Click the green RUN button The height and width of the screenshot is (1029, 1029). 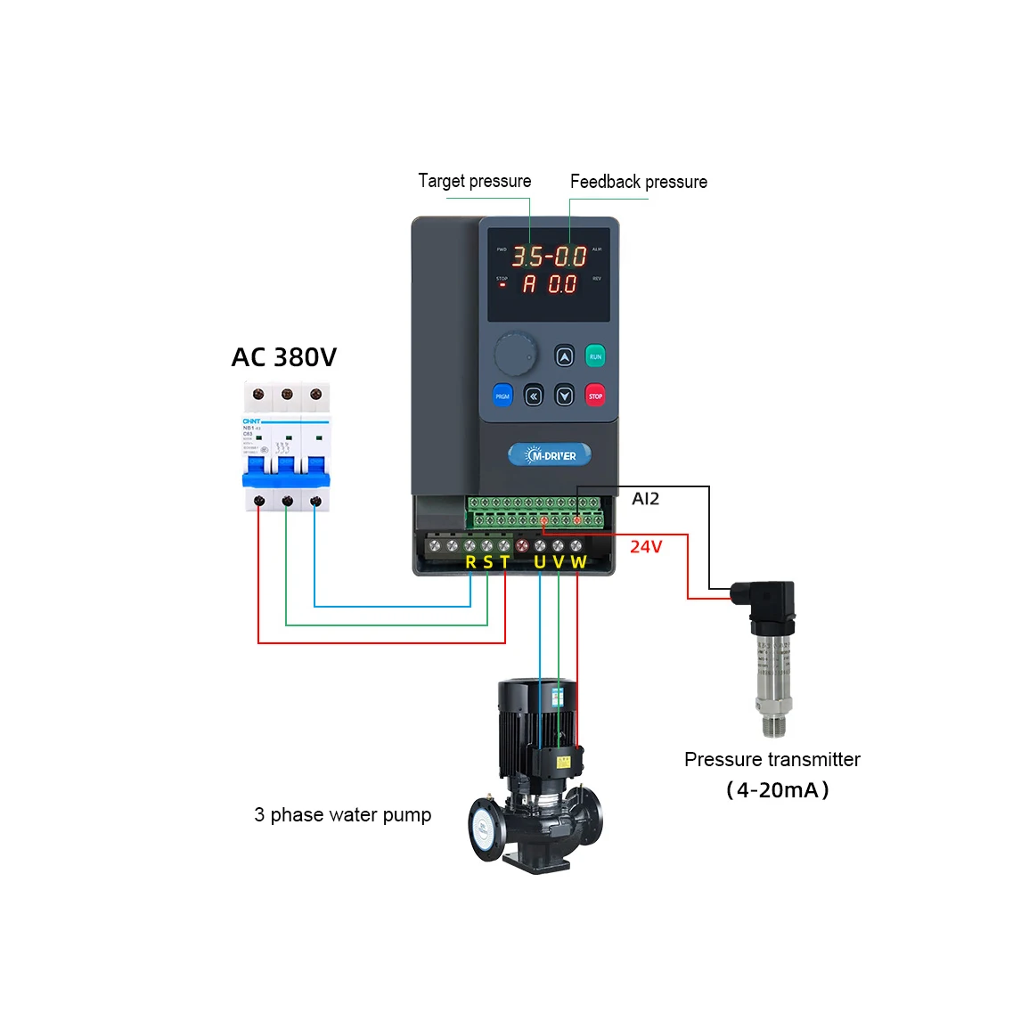pyautogui.click(x=595, y=356)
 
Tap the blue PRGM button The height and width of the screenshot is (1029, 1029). pyautogui.click(x=502, y=396)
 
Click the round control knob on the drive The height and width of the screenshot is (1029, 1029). pyautogui.click(x=516, y=355)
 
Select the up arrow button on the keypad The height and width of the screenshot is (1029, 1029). pyautogui.click(x=564, y=356)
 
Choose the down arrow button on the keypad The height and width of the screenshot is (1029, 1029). pyautogui.click(x=564, y=396)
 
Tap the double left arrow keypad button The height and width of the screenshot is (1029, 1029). pyautogui.click(x=534, y=396)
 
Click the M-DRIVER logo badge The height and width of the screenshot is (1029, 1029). pyautogui.click(x=550, y=455)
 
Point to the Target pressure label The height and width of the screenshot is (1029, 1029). pyautogui.click(x=475, y=181)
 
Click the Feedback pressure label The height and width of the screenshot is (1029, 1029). pyautogui.click(x=639, y=182)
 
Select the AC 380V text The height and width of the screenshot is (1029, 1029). pyautogui.click(x=284, y=357)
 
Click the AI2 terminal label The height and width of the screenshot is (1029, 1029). pyautogui.click(x=646, y=499)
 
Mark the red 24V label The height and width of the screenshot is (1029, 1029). pyautogui.click(x=646, y=547)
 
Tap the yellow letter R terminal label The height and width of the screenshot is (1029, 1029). pyautogui.click(x=470, y=562)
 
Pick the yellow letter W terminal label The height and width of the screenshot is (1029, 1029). pyautogui.click(x=578, y=562)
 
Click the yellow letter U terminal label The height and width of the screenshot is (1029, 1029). pyautogui.click(x=540, y=562)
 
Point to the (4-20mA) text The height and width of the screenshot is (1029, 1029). pyautogui.click(x=778, y=790)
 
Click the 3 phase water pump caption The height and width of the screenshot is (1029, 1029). pyautogui.click(x=342, y=815)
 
